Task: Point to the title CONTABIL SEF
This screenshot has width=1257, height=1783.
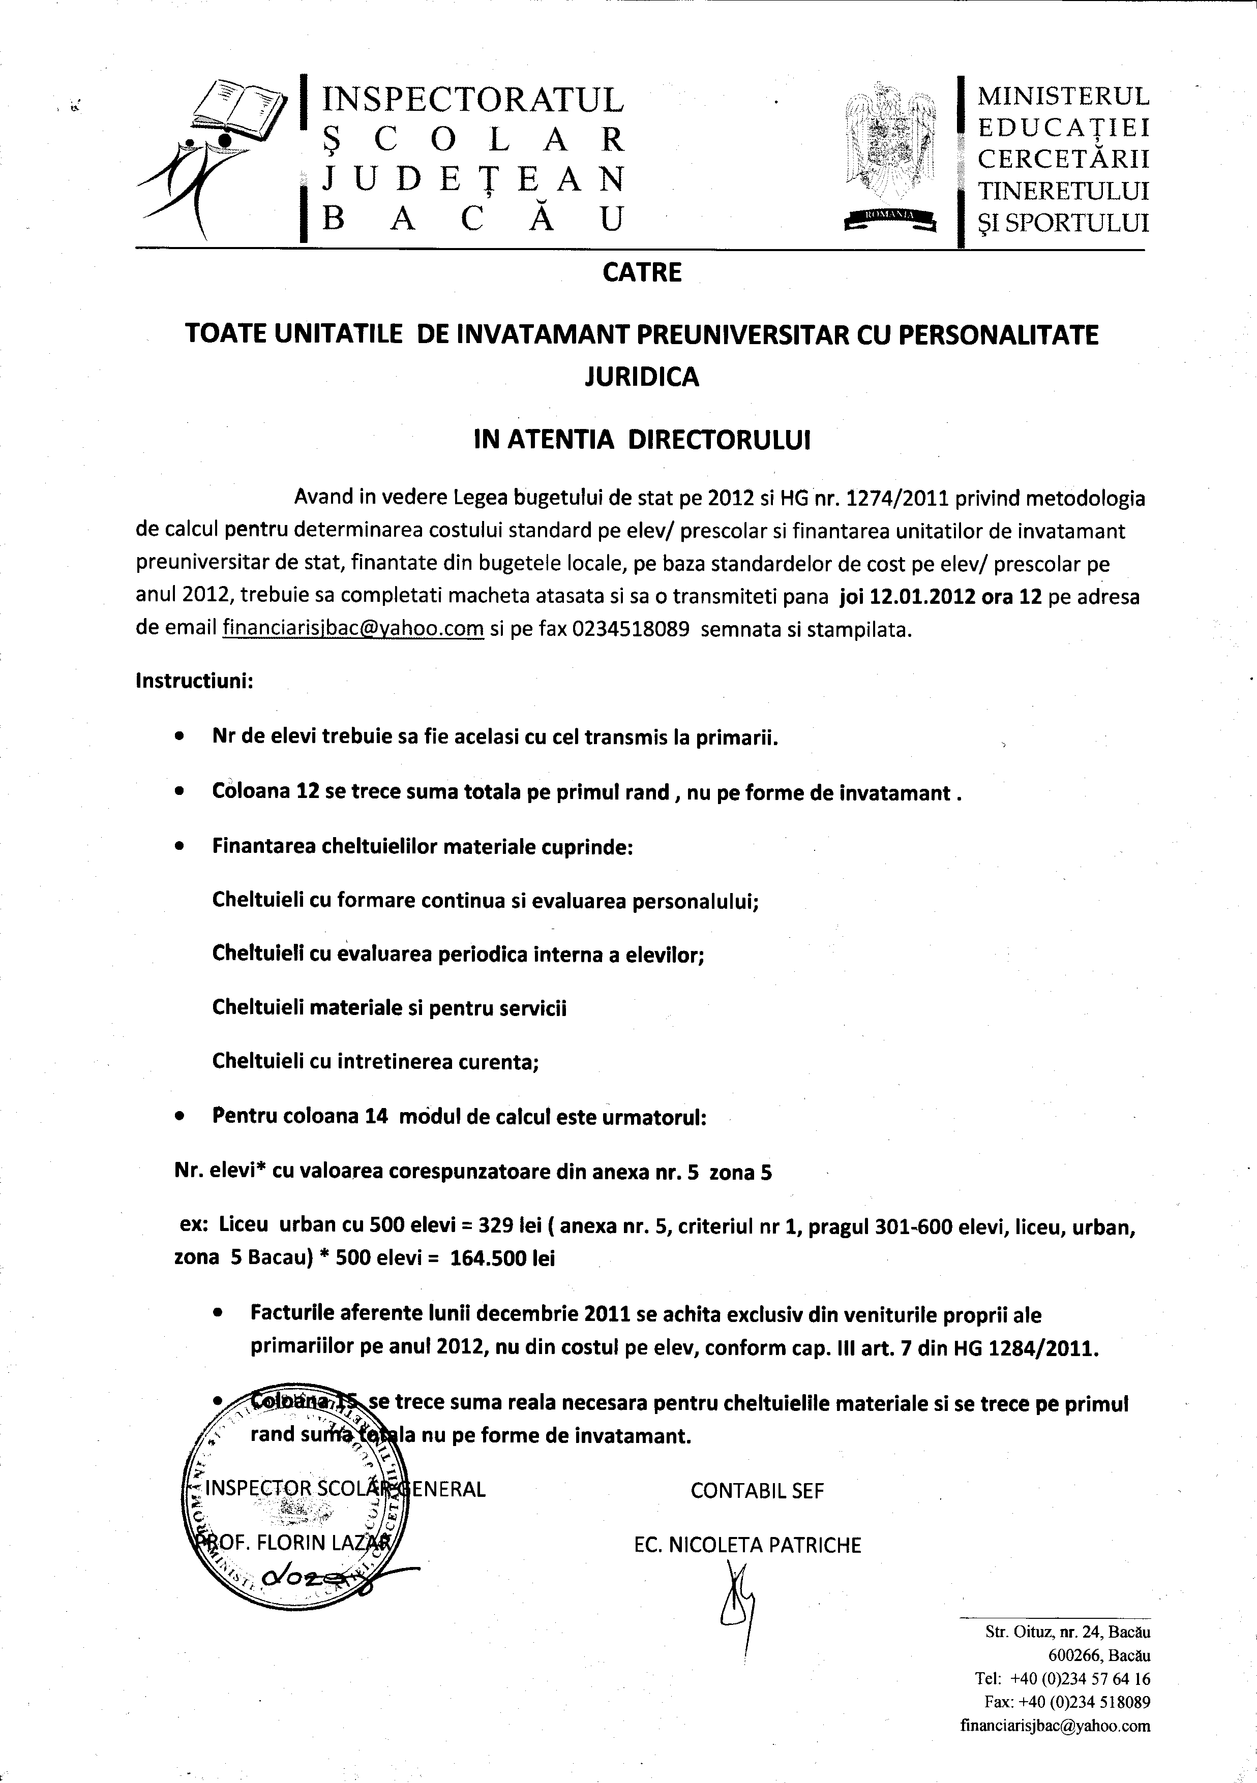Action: tap(757, 1490)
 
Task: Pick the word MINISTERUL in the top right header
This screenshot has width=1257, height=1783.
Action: tap(1063, 96)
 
